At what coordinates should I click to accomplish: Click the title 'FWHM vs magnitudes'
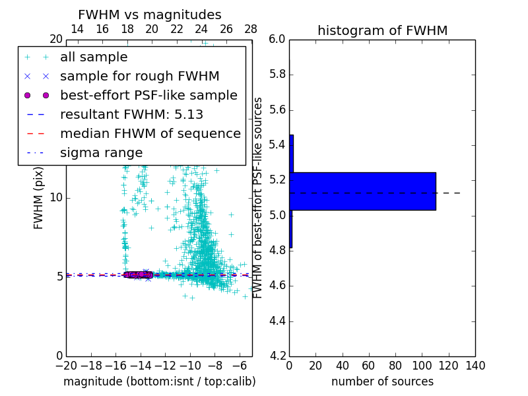(150, 15)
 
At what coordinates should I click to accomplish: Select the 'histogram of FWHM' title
(382, 30)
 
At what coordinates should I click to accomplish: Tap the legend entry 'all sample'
(94, 57)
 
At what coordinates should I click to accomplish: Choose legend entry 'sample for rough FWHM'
(139, 77)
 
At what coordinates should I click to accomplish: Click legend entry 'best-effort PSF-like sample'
(148, 96)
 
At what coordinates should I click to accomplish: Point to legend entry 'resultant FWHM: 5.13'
(131, 115)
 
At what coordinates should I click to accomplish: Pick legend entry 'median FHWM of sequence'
(150, 134)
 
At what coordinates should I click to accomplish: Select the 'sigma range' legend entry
(101, 153)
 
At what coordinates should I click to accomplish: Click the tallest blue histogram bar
(362, 191)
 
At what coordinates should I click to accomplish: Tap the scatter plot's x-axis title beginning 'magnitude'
(159, 381)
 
